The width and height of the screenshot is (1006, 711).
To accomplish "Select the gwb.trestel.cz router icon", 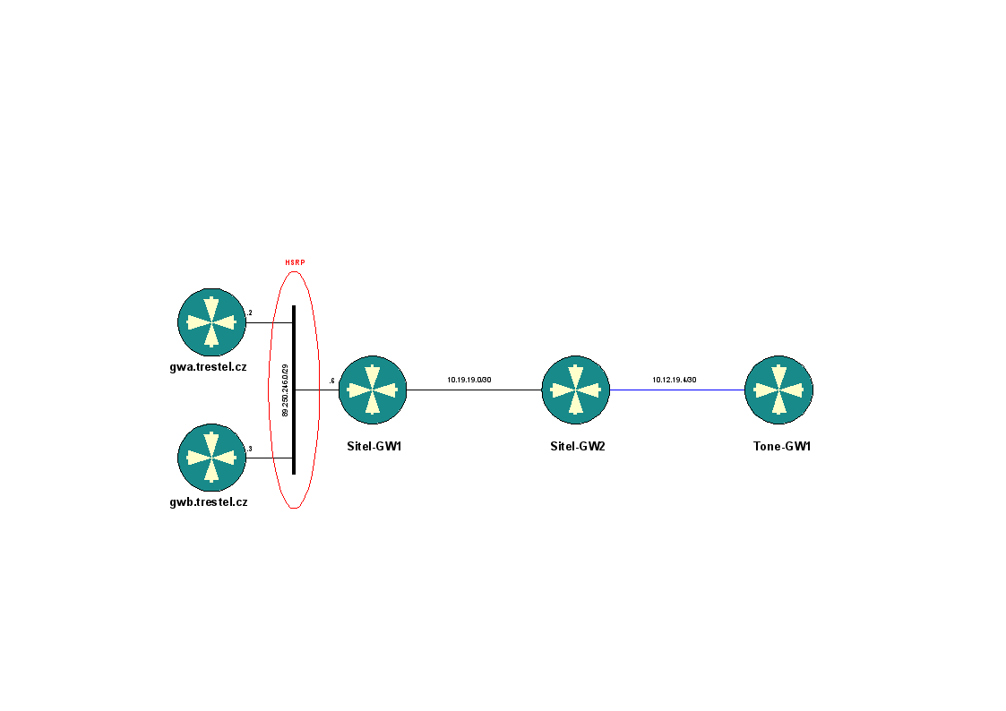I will pos(211,458).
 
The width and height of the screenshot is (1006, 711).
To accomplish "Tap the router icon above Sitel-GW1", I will pos(373,390).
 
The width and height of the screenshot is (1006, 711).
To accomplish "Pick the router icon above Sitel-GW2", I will pos(576,390).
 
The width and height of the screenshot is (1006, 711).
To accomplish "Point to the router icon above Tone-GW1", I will pos(779,390).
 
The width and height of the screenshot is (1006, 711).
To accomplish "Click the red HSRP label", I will pos(295,262).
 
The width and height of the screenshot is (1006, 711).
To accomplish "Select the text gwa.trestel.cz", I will pos(208,366).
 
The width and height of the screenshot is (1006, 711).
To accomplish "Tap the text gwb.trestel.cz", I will pos(208,502).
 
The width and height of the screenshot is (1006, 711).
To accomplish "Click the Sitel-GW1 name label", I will pos(374,445).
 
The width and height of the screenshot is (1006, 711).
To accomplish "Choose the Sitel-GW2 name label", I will pos(578,445).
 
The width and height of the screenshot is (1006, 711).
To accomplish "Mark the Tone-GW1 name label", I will pos(781,445).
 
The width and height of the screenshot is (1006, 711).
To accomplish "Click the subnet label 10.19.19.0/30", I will pos(469,380).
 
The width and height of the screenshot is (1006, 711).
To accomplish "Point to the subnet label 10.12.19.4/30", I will pos(674,380).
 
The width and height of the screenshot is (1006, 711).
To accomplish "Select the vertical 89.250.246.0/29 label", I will pos(285,390).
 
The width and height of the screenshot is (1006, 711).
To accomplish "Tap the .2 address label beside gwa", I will pos(249,313).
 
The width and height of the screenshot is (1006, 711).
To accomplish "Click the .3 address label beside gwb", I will pos(249,449).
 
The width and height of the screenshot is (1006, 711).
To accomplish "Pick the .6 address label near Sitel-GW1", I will pos(331,381).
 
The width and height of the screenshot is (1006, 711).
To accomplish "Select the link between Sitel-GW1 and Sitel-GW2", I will pos(475,390).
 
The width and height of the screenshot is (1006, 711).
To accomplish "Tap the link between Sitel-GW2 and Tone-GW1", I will pos(677,390).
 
